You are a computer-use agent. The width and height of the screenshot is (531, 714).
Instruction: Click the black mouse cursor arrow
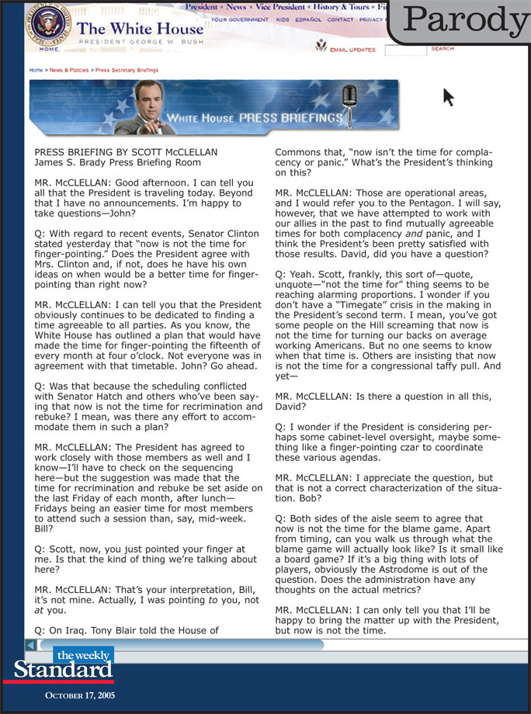click(448, 96)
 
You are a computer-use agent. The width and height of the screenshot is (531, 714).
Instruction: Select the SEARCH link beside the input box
click(442, 49)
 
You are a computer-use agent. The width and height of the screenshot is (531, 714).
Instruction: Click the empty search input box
click(405, 50)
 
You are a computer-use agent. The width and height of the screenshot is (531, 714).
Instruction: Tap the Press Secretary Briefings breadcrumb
click(127, 70)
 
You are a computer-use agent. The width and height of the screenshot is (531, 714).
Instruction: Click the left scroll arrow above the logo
click(30, 645)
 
